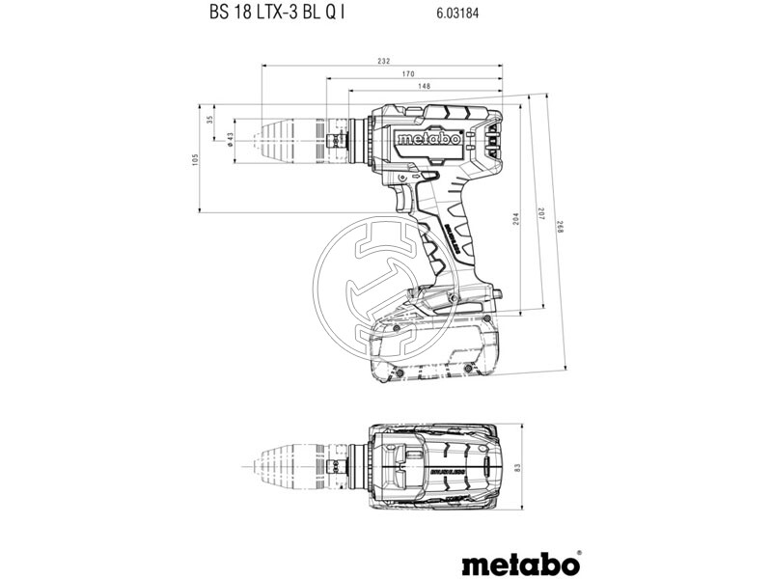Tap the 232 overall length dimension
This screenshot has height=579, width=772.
coord(383,61)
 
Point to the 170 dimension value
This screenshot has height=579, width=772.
coord(407,73)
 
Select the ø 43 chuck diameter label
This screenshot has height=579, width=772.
coord(229,140)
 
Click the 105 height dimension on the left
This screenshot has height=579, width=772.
coord(195,157)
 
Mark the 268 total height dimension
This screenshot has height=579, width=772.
coord(557,226)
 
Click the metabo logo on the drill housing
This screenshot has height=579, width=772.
coord(429,139)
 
